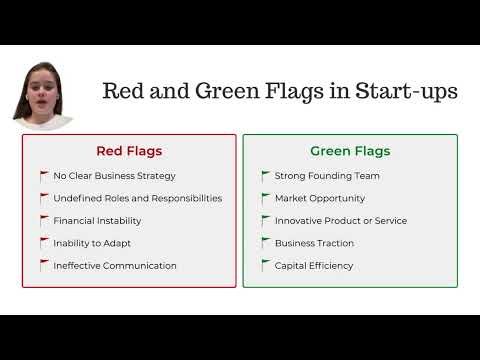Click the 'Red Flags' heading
(x=129, y=152)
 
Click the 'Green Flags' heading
(x=350, y=152)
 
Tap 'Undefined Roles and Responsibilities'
(x=138, y=198)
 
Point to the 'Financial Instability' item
(x=97, y=220)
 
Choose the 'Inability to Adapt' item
(x=92, y=243)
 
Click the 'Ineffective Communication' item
(x=115, y=266)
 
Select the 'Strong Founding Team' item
(x=327, y=176)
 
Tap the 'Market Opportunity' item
(x=319, y=198)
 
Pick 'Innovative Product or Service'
(x=341, y=220)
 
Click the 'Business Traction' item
(x=316, y=243)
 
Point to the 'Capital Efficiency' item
(x=314, y=266)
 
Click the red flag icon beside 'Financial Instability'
(x=44, y=220)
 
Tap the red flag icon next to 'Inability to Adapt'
(x=44, y=243)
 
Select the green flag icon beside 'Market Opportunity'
(x=265, y=198)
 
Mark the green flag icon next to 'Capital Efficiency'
(x=265, y=266)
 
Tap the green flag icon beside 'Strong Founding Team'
(x=265, y=176)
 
